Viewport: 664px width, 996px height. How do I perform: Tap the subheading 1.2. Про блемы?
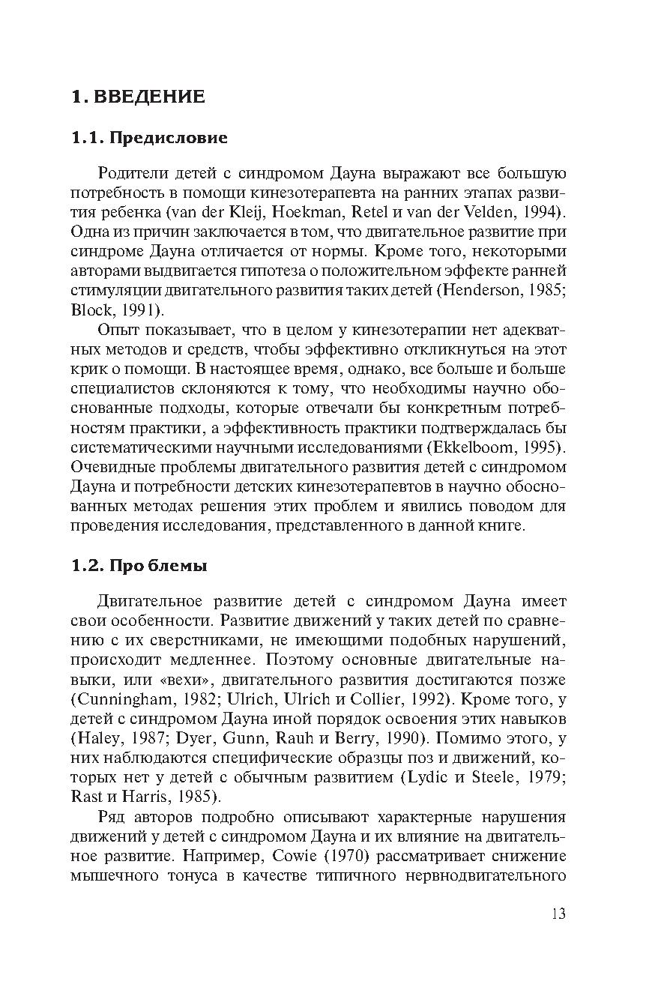click(x=139, y=566)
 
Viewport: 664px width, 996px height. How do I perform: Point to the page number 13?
click(x=558, y=914)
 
